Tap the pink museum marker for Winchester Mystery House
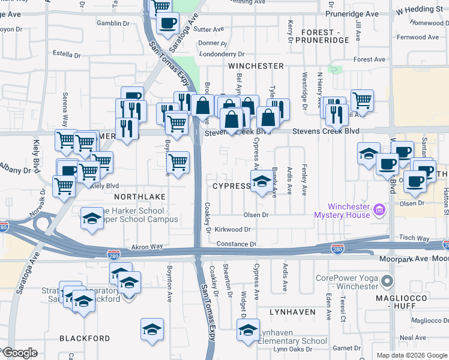[379, 211]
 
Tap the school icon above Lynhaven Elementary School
[248, 329]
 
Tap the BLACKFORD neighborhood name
[85, 338]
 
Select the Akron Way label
[147, 246]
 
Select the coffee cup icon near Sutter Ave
[167, 23]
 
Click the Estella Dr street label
[67, 53]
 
